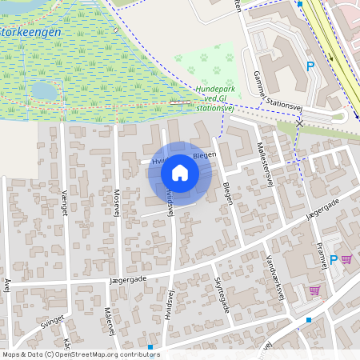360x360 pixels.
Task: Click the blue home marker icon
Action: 179,173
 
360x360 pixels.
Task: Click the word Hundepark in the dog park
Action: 212,89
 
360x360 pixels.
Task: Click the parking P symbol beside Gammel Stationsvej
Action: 310,66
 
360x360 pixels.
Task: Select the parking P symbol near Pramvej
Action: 334,260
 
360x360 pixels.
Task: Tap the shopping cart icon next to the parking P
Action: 346,259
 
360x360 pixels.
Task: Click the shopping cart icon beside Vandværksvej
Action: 315,290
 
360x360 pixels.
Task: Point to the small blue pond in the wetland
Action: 45,90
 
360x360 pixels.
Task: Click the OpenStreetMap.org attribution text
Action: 104,354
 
